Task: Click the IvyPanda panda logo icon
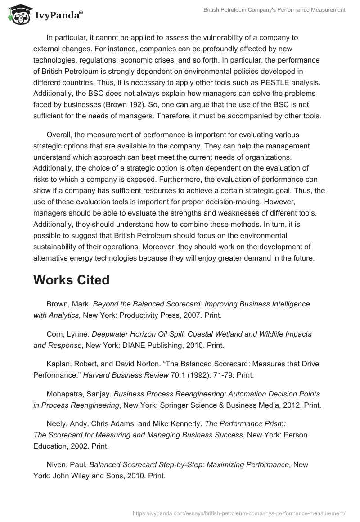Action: (17, 14)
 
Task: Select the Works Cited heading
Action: (71, 280)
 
